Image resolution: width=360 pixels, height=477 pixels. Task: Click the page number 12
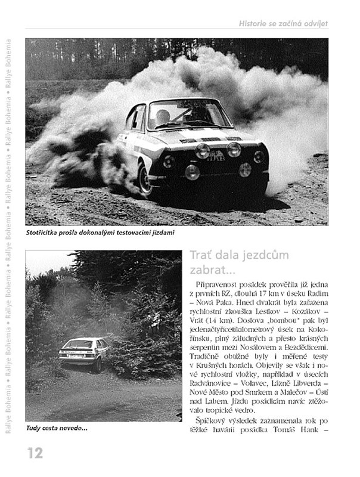[x=34, y=452]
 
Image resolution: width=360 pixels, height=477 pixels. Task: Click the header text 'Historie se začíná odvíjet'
[x=283, y=23]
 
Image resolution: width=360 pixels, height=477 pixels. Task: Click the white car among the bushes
[x=83, y=353]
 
